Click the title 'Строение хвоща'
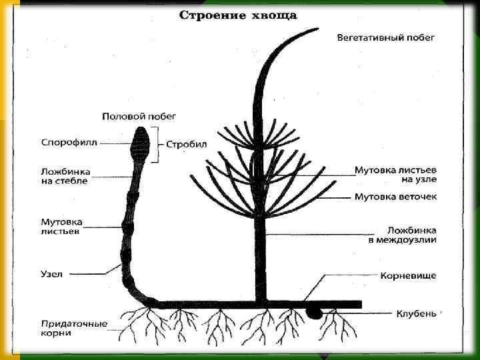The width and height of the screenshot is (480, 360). (x=238, y=15)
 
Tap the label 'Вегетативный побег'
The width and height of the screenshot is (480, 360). (x=385, y=37)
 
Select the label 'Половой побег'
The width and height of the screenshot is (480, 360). (x=139, y=116)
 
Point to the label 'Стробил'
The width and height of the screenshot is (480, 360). (x=187, y=143)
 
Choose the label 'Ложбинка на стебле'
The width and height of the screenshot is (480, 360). (x=65, y=177)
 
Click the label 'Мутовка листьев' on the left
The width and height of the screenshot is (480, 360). (x=61, y=226)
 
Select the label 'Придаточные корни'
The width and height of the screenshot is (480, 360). (x=73, y=328)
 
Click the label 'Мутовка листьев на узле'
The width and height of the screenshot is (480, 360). (x=395, y=175)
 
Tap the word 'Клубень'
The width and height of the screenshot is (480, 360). (x=416, y=312)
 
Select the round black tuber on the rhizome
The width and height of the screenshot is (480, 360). (x=313, y=311)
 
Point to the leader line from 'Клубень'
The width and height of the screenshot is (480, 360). (x=357, y=312)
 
